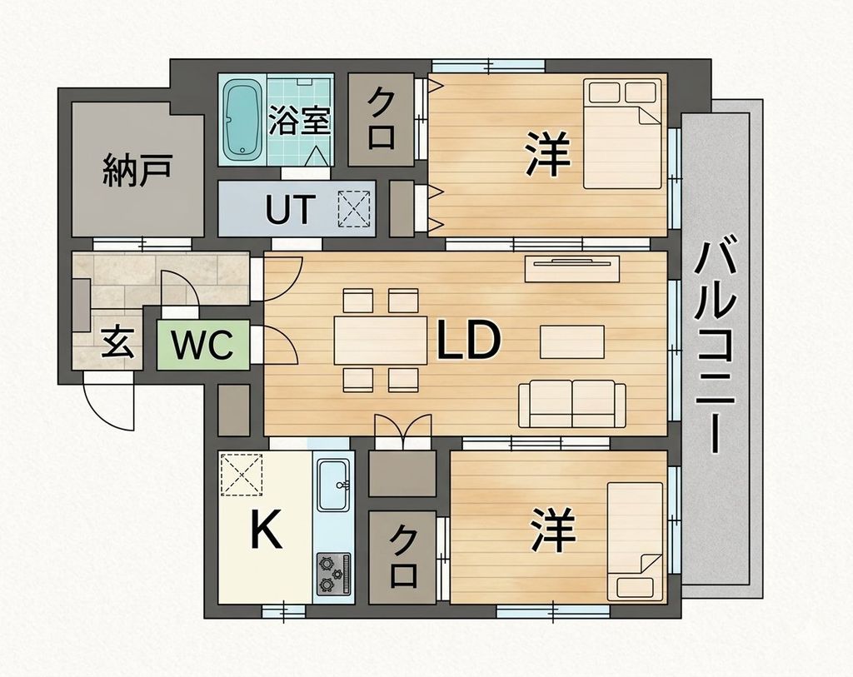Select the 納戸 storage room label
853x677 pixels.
point(137,169)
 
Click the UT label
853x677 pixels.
point(290,210)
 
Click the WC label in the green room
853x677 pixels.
point(202,345)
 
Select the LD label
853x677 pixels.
point(468,340)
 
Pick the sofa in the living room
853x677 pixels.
point(571,403)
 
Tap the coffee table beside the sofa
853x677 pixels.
point(571,341)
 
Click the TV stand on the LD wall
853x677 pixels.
point(571,269)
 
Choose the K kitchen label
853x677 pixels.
point(266,529)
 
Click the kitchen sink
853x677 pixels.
point(334,484)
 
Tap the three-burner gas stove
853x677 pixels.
point(334,573)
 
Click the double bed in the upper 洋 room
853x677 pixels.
point(624,133)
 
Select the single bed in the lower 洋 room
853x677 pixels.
point(636,541)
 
